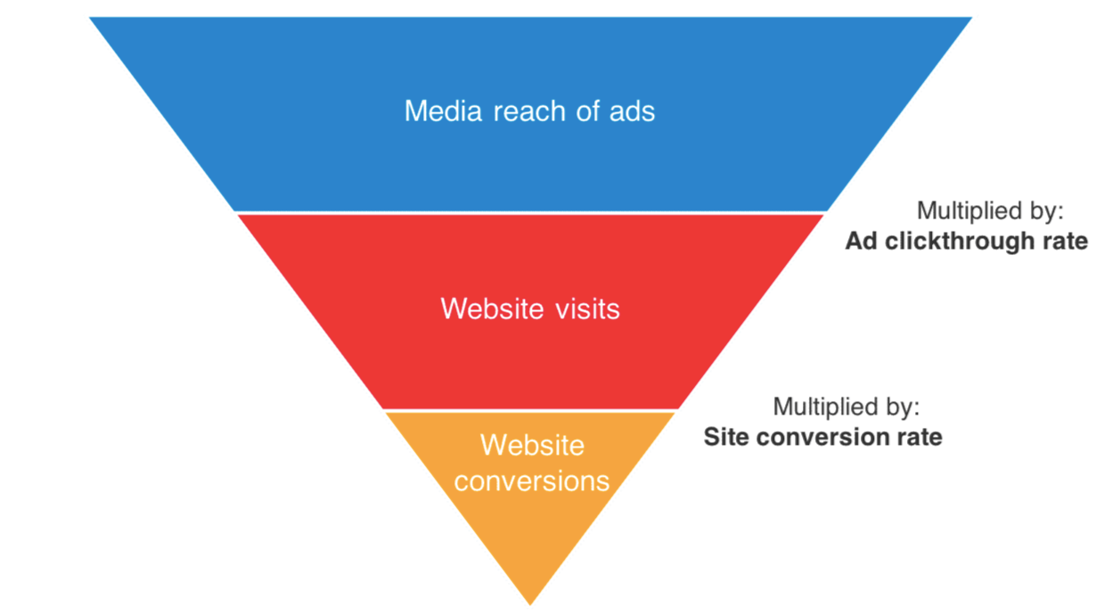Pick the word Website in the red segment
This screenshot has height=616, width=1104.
pos(493,308)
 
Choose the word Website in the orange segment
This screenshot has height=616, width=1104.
pos(532,445)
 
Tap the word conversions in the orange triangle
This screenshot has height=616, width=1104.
pos(532,480)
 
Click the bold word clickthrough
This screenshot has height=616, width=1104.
pos(964,242)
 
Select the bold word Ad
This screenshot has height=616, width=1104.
pos(862,242)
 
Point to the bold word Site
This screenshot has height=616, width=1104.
pos(724,437)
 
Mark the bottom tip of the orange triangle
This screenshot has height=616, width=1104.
pos(530,603)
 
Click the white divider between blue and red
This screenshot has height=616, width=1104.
pos(530,213)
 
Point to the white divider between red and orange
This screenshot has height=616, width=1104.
pos(530,411)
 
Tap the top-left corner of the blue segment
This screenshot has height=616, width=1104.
pos(92,19)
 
